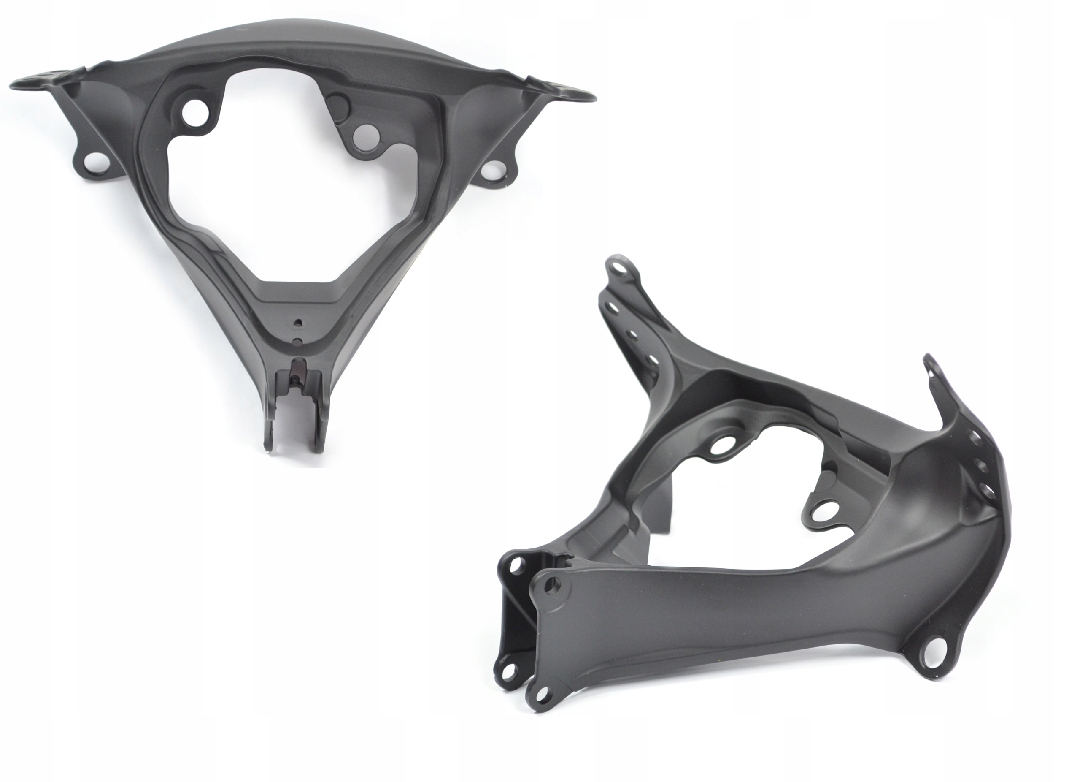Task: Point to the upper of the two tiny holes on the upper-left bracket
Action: click(298, 323)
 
